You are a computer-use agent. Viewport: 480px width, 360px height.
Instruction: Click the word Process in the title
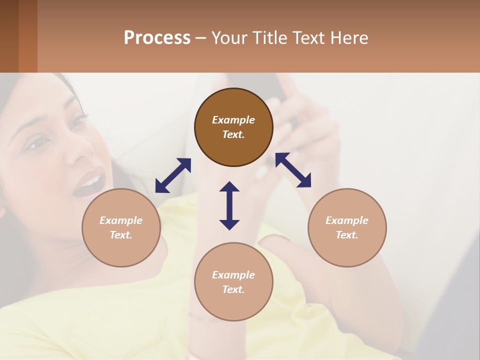click(157, 38)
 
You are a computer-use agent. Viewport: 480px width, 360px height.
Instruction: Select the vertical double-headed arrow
click(229, 205)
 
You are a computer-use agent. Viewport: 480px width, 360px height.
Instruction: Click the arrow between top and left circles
click(173, 175)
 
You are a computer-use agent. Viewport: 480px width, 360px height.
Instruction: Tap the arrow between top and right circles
click(293, 170)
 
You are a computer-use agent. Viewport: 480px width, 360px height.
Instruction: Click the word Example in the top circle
click(233, 120)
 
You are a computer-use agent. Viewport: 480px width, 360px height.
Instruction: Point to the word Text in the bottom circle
click(233, 289)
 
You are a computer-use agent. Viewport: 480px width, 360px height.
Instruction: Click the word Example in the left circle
click(121, 220)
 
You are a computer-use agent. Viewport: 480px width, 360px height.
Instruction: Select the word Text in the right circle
click(347, 235)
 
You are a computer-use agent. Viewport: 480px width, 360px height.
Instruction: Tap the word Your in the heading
click(228, 38)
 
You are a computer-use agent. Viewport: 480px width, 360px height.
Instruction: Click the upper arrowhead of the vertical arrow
click(229, 187)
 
